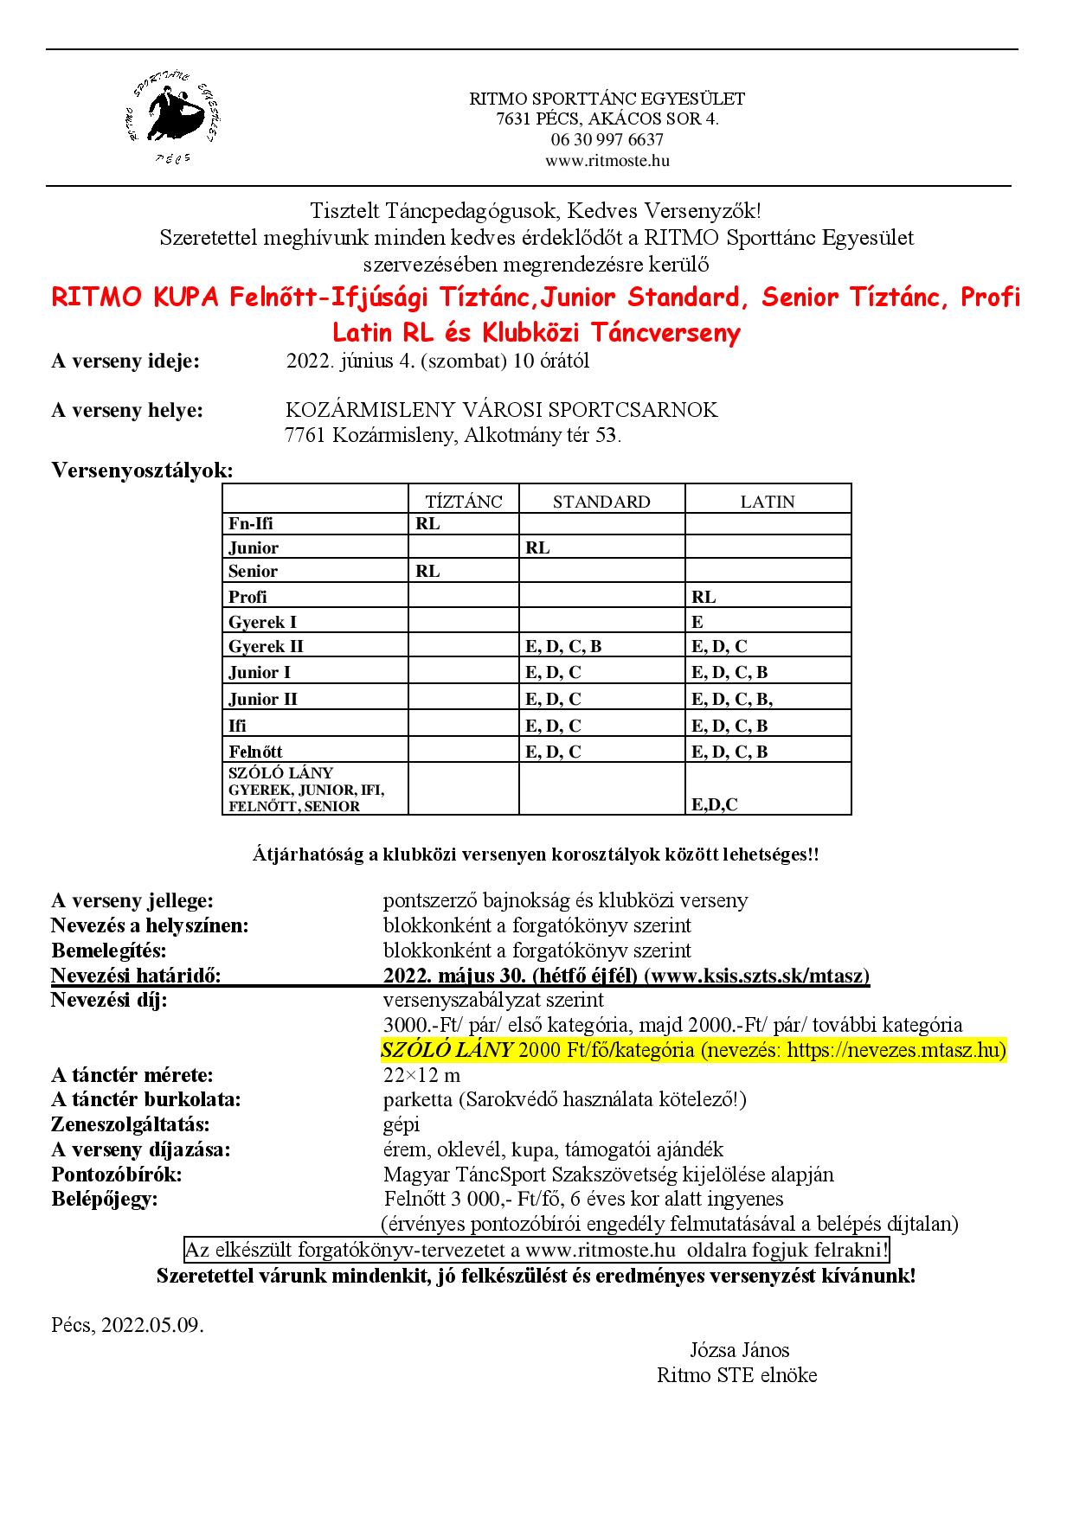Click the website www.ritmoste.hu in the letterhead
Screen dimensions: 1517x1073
coord(607,161)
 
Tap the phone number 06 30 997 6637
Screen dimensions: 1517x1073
coord(607,140)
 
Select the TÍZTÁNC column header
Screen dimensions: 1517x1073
coord(464,502)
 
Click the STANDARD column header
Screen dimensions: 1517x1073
coord(601,502)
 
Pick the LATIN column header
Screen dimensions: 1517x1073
coord(767,502)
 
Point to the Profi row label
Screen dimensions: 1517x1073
coord(247,597)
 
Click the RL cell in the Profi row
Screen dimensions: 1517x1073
coord(704,597)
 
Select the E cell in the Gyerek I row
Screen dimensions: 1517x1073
coord(697,622)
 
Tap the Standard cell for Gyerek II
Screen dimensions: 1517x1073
coord(563,646)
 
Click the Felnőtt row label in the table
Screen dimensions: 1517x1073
coord(255,752)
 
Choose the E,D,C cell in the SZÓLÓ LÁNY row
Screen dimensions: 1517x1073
coord(715,804)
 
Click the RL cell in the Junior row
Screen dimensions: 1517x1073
coord(537,547)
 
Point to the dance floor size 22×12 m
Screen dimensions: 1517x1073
coord(421,1075)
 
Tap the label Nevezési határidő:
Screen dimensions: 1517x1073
coord(137,976)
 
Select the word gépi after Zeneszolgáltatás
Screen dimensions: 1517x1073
coord(402,1124)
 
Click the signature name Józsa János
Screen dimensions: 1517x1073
coord(739,1350)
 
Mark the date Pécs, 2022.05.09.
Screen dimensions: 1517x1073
coord(128,1325)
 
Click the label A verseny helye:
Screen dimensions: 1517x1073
coord(127,410)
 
